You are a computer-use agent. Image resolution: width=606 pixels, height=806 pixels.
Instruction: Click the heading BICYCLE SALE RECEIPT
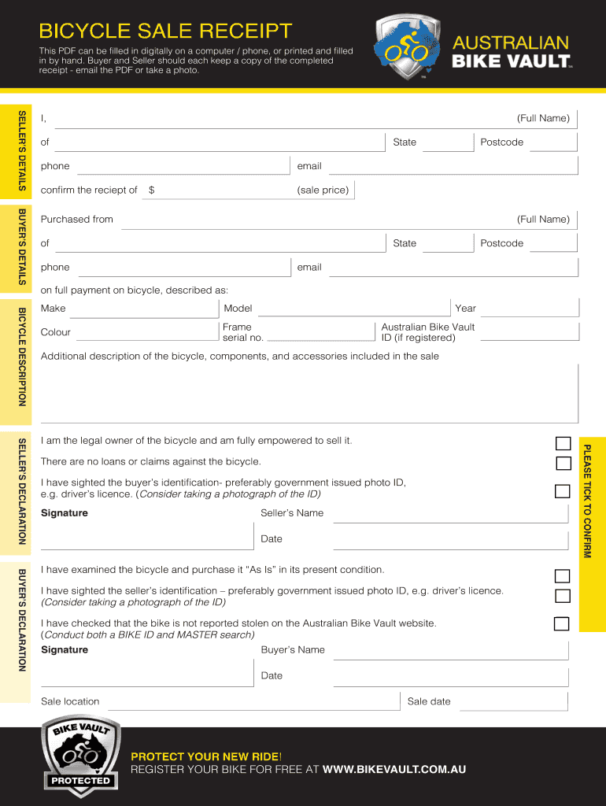pos(165,31)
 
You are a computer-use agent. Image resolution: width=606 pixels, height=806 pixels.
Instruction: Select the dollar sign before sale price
pos(152,190)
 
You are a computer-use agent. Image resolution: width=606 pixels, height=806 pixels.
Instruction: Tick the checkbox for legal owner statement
pos(563,442)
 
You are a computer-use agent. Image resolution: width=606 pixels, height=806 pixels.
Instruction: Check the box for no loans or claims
pos(563,463)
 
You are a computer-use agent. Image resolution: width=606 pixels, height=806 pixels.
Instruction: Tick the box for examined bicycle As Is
pos(562,576)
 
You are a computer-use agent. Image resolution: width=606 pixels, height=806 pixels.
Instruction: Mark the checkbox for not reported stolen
pos(561,624)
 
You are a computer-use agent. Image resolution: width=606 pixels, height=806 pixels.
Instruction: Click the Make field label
pos(54,309)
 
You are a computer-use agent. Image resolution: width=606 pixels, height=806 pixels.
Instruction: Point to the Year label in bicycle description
pos(465,309)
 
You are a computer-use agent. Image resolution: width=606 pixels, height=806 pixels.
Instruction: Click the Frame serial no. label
pos(242,332)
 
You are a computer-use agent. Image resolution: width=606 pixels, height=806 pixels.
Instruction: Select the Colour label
pos(56,332)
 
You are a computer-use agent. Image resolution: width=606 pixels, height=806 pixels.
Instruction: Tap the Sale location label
pos(70,701)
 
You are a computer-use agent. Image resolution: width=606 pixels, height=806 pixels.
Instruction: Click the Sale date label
pos(429,701)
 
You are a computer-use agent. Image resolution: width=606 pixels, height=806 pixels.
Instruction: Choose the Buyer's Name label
pos(293,650)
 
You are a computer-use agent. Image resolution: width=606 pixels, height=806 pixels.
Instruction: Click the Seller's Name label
pos(292,513)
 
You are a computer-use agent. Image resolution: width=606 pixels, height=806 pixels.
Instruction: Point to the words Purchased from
pos(77,220)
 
